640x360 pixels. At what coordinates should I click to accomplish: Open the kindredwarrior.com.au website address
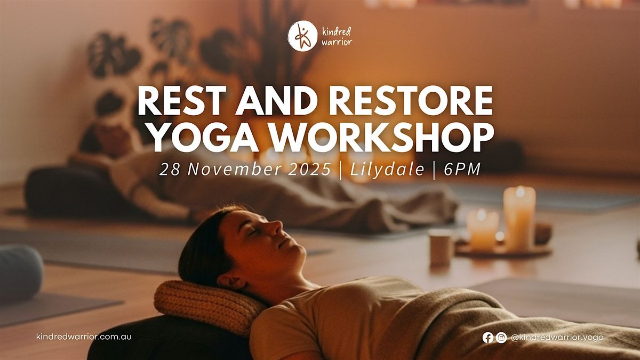point(84,337)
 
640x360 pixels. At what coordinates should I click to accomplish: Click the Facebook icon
point(487,337)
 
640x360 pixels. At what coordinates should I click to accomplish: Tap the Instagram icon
point(501,337)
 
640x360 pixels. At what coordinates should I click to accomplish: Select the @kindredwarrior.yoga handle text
point(557,337)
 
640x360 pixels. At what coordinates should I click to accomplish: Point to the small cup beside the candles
point(441,247)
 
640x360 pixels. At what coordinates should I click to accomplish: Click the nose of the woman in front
point(277,228)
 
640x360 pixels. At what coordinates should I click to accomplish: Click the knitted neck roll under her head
point(203,303)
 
